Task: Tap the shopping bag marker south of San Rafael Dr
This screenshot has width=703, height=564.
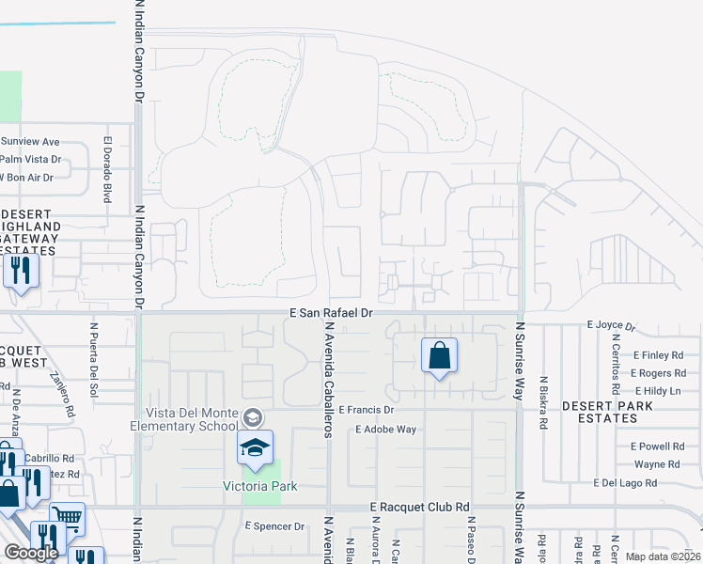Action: [439, 356]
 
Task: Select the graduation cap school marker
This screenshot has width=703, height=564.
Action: [255, 449]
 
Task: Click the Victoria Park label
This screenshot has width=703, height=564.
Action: [259, 486]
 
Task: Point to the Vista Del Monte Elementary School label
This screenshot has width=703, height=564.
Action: [191, 419]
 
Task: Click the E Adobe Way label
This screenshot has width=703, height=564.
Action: [385, 430]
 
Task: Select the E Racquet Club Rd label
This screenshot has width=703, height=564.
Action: [420, 506]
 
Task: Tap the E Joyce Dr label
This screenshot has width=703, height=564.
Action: [612, 324]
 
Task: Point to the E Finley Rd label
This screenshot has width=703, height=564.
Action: [658, 356]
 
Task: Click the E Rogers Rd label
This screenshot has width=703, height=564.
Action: [659, 373]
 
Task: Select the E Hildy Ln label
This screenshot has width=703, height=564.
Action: [658, 390]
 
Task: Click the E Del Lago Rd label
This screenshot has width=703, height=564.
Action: [636, 482]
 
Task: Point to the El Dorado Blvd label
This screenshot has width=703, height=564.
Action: [107, 172]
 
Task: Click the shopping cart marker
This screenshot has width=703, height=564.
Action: [66, 516]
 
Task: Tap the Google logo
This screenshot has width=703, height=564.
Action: [31, 552]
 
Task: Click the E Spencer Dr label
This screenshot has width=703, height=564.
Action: [275, 526]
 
